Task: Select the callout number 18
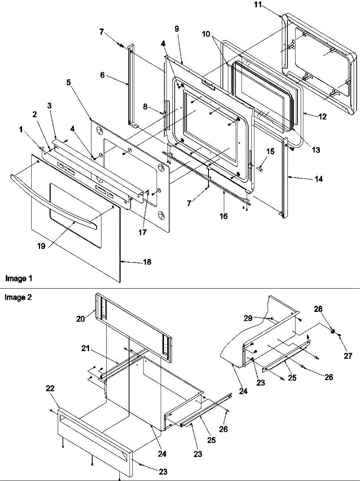[148, 263]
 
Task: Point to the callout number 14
[318, 180]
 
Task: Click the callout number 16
[223, 216]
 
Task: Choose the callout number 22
[51, 389]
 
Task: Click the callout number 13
[316, 150]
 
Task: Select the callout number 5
[69, 83]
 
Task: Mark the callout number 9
[177, 28]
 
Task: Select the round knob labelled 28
[332, 331]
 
